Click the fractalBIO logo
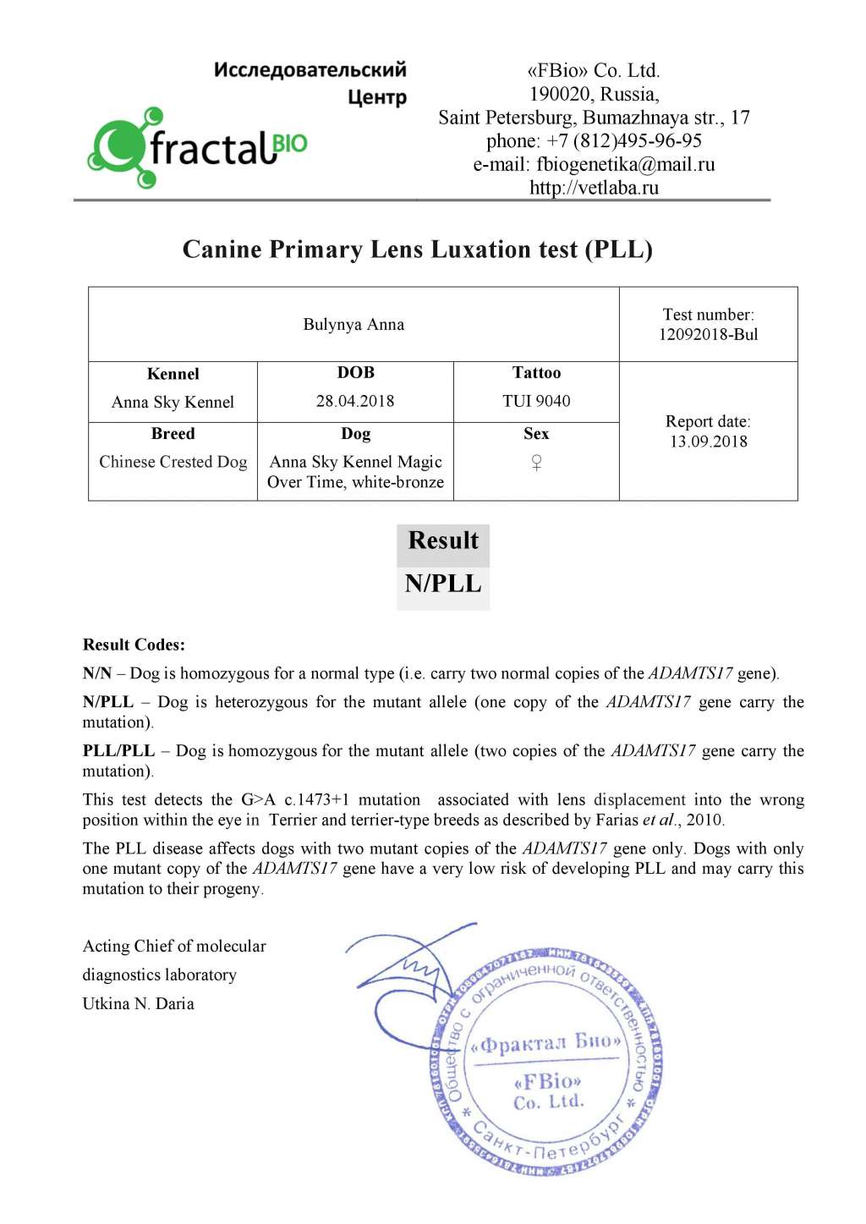pos(197,147)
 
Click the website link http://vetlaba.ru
pos(594,188)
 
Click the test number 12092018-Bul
pos(708,334)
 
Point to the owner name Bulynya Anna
pos(354,324)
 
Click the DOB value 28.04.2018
pos(355,401)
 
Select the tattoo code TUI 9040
pos(536,401)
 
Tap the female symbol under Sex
pos(536,463)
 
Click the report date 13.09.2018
pos(708,442)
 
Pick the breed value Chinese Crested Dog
pos(173,462)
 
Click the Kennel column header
pos(173,374)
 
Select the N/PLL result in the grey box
pos(442,584)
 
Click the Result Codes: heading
pos(134,645)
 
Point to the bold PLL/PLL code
pos(118,751)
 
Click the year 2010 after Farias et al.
pos(704,820)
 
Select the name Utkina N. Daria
pos(138,1004)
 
